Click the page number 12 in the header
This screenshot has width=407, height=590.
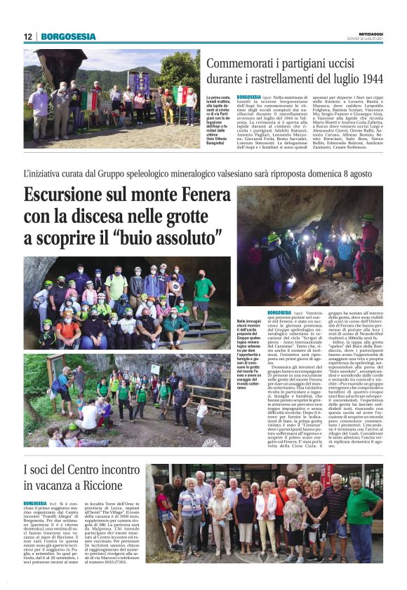pos(28,36)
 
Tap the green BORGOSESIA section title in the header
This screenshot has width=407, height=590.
pos(68,36)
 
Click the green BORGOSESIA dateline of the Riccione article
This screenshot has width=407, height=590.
pos(34,503)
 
